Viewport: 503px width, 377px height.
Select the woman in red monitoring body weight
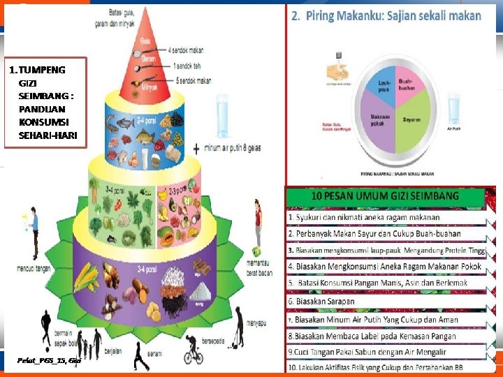(x=258, y=220)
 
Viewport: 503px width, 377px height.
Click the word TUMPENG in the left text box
(x=42, y=70)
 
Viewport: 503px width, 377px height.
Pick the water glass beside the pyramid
(x=223, y=119)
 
